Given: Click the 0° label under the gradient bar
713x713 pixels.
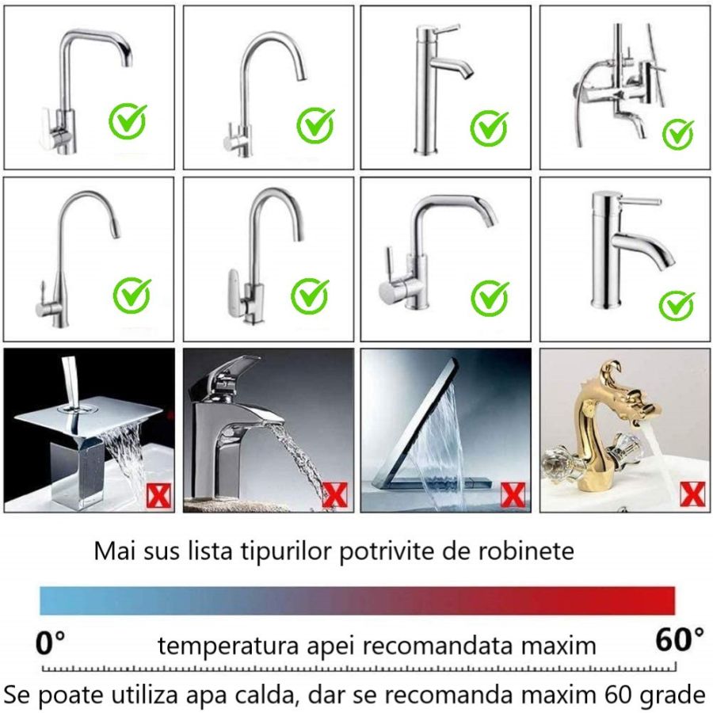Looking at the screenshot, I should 51,641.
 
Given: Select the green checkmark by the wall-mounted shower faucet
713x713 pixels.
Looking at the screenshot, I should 677,134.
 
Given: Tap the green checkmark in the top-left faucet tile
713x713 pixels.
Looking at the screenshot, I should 128,121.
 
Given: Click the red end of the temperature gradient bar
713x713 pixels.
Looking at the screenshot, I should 662,601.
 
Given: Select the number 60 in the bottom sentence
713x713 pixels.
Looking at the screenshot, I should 616,695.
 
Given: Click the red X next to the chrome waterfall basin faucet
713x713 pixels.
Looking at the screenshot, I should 334,495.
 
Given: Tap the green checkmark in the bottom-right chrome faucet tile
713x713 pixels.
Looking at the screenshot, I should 676,305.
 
